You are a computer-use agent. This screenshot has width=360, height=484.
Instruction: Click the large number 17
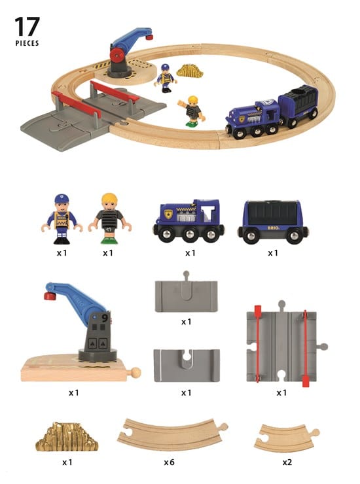27,27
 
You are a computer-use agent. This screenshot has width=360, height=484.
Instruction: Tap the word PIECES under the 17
27,43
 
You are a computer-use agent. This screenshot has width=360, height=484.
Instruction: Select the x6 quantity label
169,462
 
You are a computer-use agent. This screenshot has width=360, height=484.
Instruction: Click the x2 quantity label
287,462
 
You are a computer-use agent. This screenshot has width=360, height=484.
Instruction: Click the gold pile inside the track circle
190,71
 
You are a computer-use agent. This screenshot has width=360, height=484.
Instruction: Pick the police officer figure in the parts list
62,219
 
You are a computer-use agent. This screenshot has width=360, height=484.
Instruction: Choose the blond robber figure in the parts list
110,218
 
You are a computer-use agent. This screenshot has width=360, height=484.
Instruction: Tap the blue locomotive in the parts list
189,220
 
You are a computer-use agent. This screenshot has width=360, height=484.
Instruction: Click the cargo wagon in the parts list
273,221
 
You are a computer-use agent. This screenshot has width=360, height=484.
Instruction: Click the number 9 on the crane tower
105,318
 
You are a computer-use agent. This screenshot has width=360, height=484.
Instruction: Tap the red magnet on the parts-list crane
50,296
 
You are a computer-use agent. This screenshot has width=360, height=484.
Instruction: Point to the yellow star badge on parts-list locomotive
168,214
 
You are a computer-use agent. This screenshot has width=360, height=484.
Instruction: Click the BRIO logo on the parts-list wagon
273,228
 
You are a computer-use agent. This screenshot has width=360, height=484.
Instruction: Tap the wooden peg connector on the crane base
135,373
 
